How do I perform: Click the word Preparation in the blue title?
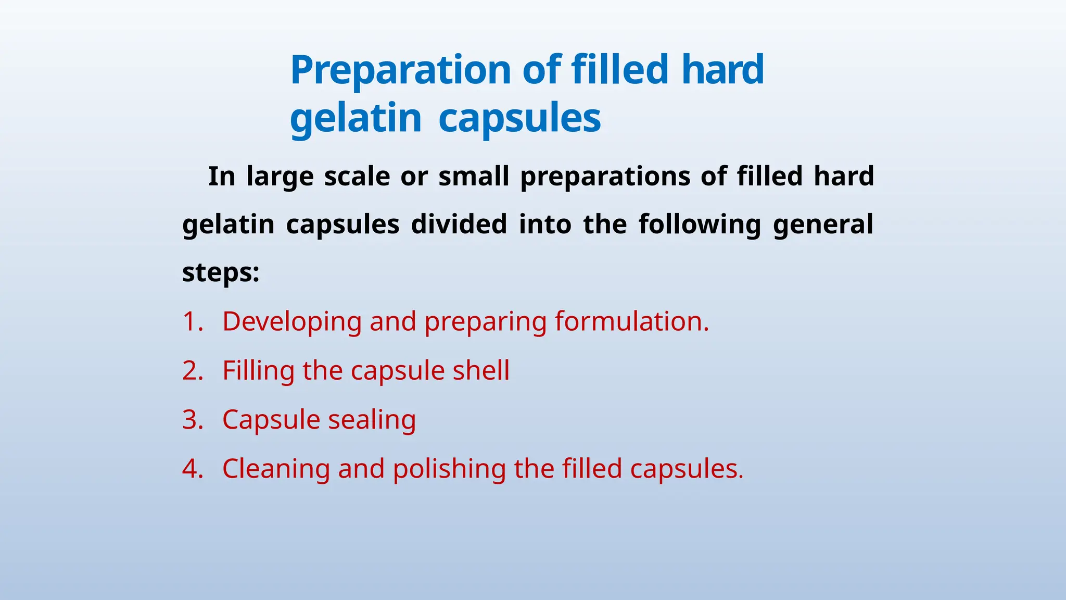click(x=400, y=70)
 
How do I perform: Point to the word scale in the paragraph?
click(x=357, y=176)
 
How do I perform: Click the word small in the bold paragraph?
click(x=474, y=176)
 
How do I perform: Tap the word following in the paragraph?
click(x=700, y=224)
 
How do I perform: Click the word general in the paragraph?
click(x=823, y=224)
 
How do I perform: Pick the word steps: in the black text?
click(x=221, y=272)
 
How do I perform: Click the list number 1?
click(x=192, y=321)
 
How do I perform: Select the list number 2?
click(x=192, y=371)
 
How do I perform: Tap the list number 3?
click(x=192, y=420)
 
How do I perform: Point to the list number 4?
click(x=192, y=469)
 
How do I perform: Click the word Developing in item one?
click(x=291, y=322)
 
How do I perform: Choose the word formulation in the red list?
click(x=631, y=321)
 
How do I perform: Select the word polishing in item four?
click(x=449, y=469)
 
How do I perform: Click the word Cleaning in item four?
click(x=276, y=469)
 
